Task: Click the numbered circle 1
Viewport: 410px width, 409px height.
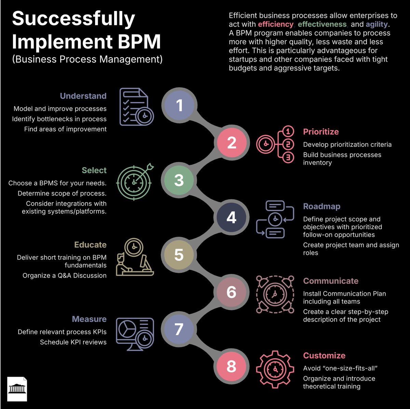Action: pos(179,105)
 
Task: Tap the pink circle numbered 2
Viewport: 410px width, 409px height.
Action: pos(232,143)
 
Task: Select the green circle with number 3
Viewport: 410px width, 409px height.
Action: pos(179,180)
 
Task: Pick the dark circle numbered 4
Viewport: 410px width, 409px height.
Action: pos(232,217)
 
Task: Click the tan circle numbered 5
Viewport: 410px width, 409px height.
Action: pos(179,255)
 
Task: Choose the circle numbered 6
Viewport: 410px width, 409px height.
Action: pos(232,292)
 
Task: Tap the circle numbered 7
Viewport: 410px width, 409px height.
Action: pos(179,329)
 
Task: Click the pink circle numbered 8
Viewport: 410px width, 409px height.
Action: pos(232,366)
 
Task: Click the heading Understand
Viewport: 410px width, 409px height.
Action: pos(83,96)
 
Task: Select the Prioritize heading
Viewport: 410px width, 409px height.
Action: pos(321,132)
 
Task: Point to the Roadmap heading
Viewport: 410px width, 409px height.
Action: pos(322,206)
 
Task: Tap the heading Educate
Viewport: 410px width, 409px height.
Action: pos(90,245)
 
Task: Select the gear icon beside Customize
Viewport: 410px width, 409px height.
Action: pos(275,369)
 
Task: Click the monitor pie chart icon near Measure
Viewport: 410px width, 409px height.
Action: pos(135,334)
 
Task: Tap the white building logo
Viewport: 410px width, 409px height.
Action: pos(17,389)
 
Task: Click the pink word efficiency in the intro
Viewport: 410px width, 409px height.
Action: pos(275,25)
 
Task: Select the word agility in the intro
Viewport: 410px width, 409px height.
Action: pos(377,25)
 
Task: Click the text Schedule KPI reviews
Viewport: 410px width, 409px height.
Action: pos(73,342)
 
